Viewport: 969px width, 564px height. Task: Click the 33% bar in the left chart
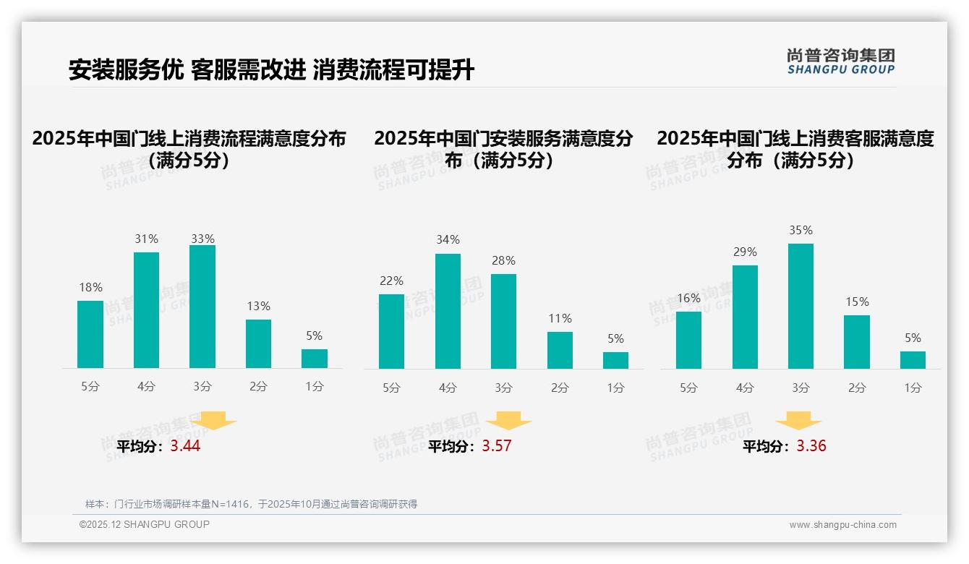[x=202, y=307]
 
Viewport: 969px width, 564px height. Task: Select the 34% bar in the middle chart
[x=448, y=311]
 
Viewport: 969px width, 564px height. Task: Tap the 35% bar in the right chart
[x=801, y=306]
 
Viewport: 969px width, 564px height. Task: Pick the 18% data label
[x=90, y=287]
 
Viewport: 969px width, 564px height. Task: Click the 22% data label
[x=391, y=281]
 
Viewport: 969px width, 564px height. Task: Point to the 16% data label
[x=688, y=298]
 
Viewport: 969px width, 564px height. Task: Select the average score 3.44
[x=185, y=446]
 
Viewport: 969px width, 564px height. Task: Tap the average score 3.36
[x=811, y=446]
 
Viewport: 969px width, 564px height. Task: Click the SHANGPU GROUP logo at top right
[x=840, y=61]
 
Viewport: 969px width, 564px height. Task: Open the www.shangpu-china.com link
[x=842, y=525]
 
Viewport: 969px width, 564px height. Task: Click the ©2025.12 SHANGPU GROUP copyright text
[x=145, y=524]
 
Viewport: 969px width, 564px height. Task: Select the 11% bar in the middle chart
[x=560, y=350]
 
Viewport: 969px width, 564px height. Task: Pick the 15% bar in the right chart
[x=857, y=342]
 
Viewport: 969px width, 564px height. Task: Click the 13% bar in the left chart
[x=258, y=344]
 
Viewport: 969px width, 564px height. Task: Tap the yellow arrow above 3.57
[x=508, y=421]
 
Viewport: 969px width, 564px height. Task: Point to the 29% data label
[x=745, y=252]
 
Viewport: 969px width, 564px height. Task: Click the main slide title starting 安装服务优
[x=271, y=70]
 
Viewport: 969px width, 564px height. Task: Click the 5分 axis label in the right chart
[x=688, y=388]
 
